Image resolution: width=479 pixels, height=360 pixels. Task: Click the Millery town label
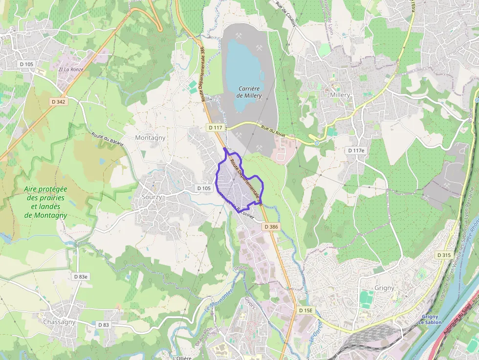(340, 95)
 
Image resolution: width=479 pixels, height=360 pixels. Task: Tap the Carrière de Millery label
(249, 92)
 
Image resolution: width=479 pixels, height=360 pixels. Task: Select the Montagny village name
(150, 138)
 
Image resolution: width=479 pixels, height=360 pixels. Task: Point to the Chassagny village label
(59, 322)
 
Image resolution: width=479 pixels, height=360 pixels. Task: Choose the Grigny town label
(384, 288)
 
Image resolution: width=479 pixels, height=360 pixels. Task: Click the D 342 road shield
(58, 102)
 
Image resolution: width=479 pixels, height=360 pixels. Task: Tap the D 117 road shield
(215, 127)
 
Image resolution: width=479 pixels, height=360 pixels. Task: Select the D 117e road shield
(356, 150)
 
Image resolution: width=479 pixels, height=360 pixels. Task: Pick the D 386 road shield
(271, 227)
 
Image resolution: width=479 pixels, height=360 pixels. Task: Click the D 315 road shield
(444, 255)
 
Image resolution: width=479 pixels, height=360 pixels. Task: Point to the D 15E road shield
(305, 310)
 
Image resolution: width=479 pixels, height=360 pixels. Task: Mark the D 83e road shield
(81, 276)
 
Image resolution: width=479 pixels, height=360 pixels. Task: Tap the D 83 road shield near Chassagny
(103, 325)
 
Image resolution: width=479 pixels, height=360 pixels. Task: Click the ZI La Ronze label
(71, 69)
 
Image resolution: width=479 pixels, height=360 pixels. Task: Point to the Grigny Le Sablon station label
(430, 319)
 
